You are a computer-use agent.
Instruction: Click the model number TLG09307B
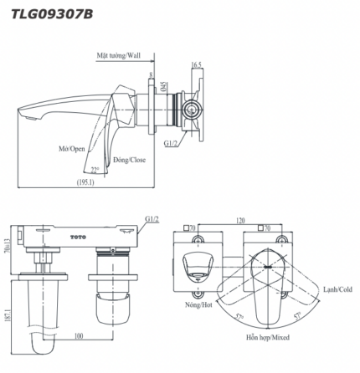coord(51,13)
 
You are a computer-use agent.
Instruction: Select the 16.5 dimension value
coord(197,64)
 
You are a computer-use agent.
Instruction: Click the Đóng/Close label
coord(129,159)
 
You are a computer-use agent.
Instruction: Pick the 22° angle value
coord(95,170)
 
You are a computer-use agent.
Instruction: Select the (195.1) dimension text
coord(85,181)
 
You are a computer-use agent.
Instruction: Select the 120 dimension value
coord(241,221)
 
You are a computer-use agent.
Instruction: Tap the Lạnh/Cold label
coord(337,289)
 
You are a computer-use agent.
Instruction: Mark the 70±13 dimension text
coord(8,243)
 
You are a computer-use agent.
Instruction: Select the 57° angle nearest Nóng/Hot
coord(240,319)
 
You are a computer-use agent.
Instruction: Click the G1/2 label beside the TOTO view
coord(152,218)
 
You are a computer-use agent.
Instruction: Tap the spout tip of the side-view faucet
coord(23,116)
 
